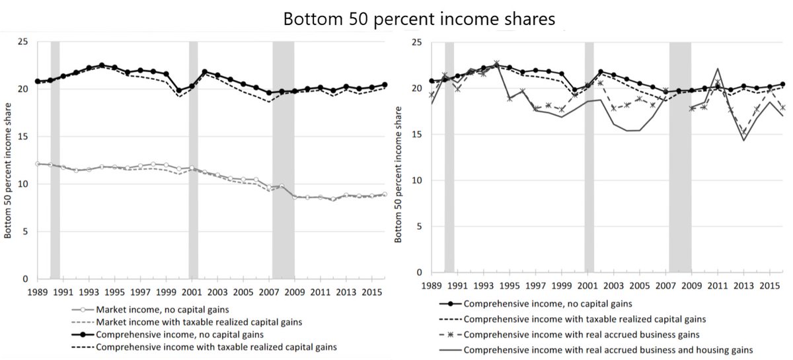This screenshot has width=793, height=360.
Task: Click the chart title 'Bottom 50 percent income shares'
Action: pyautogui.click(x=419, y=19)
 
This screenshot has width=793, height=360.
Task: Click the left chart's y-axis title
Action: pyautogui.click(x=9, y=160)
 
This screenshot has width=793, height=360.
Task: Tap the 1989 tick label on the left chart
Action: pyautogui.click(x=38, y=291)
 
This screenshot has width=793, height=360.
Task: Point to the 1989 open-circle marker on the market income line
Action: pyautogui.click(x=38, y=163)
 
